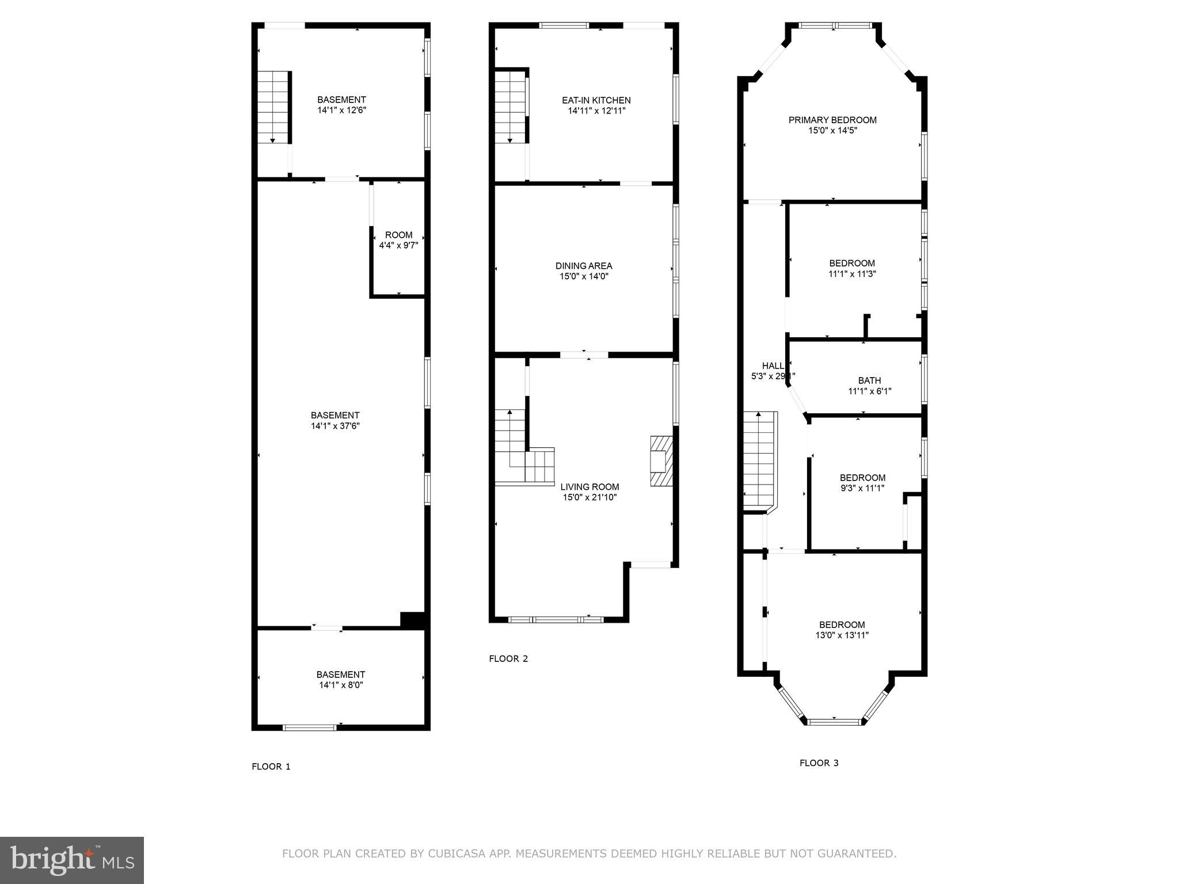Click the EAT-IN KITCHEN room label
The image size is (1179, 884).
coord(596,100)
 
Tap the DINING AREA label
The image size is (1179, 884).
coord(583,266)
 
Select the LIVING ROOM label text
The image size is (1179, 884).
coord(589,487)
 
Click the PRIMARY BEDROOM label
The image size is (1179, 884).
coord(832,120)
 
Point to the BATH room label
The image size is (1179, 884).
coord(869,380)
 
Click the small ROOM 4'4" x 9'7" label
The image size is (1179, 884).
coord(398,235)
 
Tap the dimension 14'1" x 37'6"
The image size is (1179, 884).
coord(335,426)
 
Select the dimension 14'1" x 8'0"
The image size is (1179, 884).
coord(340,685)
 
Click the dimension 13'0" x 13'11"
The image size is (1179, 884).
coord(842,635)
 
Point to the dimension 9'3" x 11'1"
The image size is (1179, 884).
coord(862,488)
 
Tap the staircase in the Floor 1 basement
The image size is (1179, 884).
coord(272,107)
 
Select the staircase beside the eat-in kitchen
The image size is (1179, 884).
coord(510,107)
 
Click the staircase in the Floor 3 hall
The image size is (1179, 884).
coord(759,460)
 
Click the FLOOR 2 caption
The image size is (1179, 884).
coord(508,659)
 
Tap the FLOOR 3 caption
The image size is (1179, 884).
coord(819,763)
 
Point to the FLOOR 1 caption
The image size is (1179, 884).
coord(271,767)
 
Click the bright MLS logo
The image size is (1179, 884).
coord(72,860)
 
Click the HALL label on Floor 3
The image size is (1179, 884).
coord(773,366)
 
